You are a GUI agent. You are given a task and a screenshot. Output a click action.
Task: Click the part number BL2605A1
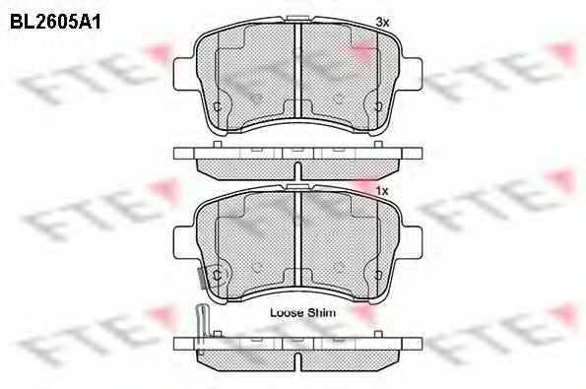coord(55,23)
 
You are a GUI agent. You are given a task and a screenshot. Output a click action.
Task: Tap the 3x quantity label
coord(382,23)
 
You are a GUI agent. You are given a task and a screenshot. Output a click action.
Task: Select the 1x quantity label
coord(382,191)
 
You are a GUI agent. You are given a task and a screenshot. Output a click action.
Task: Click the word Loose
coord(287,312)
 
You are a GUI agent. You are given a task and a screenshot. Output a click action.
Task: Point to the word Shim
coord(321,312)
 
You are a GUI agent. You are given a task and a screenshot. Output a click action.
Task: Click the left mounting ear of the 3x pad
coord(185,74)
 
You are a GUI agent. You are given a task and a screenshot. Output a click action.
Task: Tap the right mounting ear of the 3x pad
coord(412,74)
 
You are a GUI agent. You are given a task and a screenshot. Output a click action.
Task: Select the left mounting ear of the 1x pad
coord(185,242)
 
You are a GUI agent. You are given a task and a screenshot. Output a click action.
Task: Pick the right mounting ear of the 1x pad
coord(412,242)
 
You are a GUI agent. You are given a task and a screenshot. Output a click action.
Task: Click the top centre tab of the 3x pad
coord(297,19)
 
